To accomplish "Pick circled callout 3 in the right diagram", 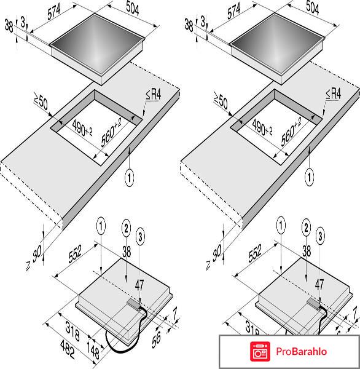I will click(319, 235).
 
